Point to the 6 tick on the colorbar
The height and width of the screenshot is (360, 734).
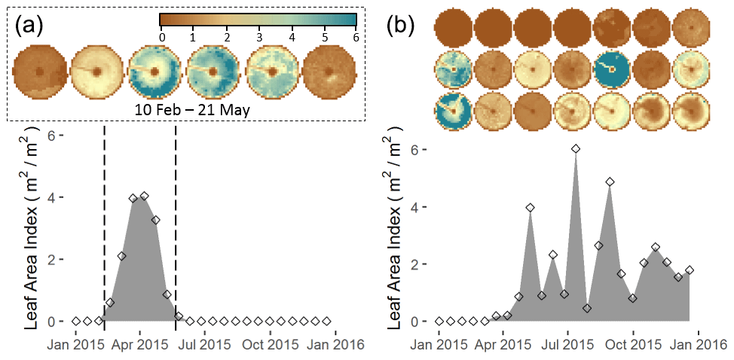[x=355, y=35]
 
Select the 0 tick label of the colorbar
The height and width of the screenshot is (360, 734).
[x=161, y=35]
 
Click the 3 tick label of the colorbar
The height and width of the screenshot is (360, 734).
[x=258, y=35]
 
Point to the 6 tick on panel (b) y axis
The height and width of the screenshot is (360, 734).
[x=415, y=149]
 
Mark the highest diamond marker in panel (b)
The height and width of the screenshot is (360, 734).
[x=576, y=149]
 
